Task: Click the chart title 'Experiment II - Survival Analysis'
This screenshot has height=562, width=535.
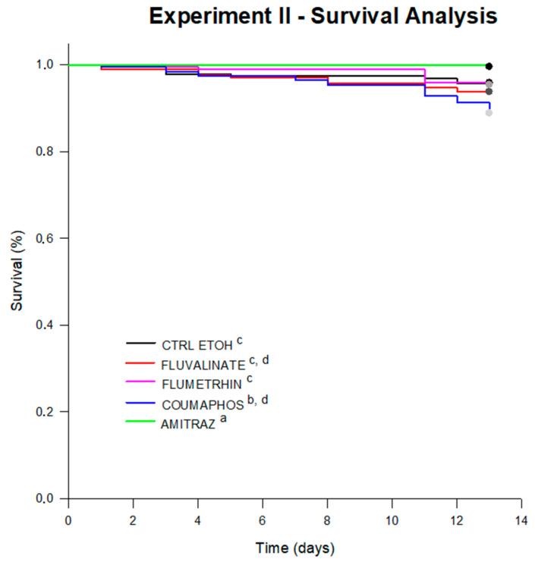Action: tap(323, 16)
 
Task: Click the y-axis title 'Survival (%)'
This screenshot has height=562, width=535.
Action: tap(16, 281)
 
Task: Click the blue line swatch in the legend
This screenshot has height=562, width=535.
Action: tap(140, 404)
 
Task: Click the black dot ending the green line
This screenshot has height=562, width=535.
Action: tap(489, 67)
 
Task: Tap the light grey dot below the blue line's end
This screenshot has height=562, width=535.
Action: tap(489, 113)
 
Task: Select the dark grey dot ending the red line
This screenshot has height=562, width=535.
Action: tap(489, 92)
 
